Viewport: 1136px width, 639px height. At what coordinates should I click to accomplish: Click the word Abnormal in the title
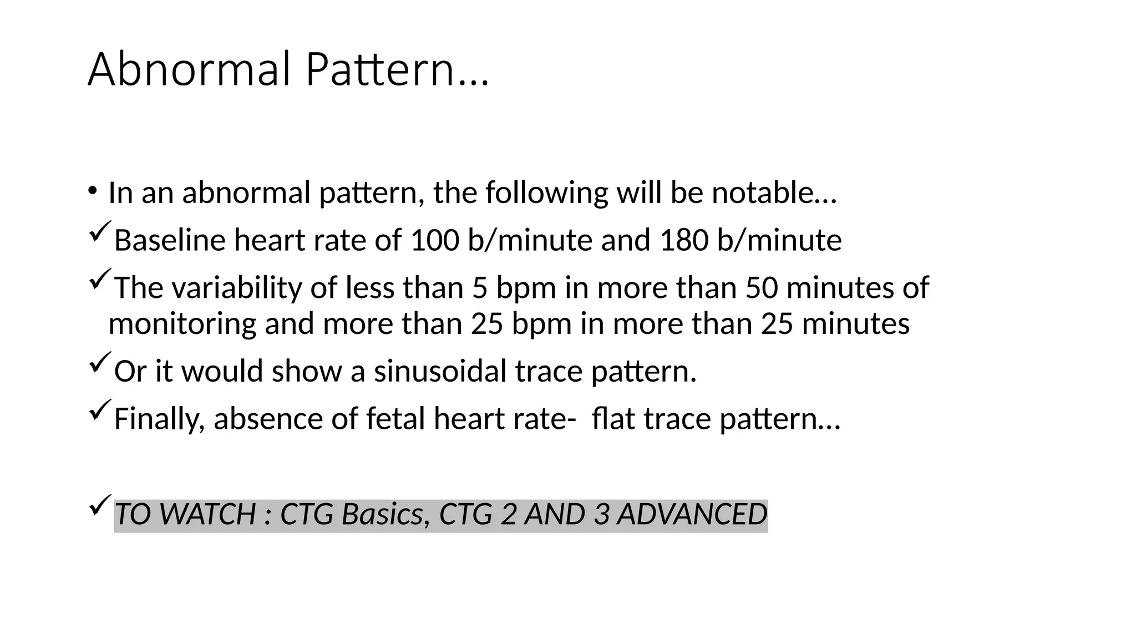(x=189, y=70)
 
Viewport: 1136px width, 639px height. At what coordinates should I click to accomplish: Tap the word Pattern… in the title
(x=397, y=70)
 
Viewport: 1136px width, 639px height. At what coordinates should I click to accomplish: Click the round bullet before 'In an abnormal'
(x=92, y=190)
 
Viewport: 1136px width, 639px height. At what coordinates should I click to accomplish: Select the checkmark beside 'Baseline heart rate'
(x=100, y=231)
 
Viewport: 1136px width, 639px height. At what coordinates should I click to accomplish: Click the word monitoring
(x=182, y=323)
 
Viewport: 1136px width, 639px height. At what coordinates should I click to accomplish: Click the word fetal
(x=395, y=418)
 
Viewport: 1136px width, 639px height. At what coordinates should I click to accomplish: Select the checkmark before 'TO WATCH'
(x=100, y=505)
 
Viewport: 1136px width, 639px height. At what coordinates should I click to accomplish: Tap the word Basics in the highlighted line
(x=382, y=514)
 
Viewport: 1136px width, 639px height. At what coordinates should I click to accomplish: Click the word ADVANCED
(x=692, y=514)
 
